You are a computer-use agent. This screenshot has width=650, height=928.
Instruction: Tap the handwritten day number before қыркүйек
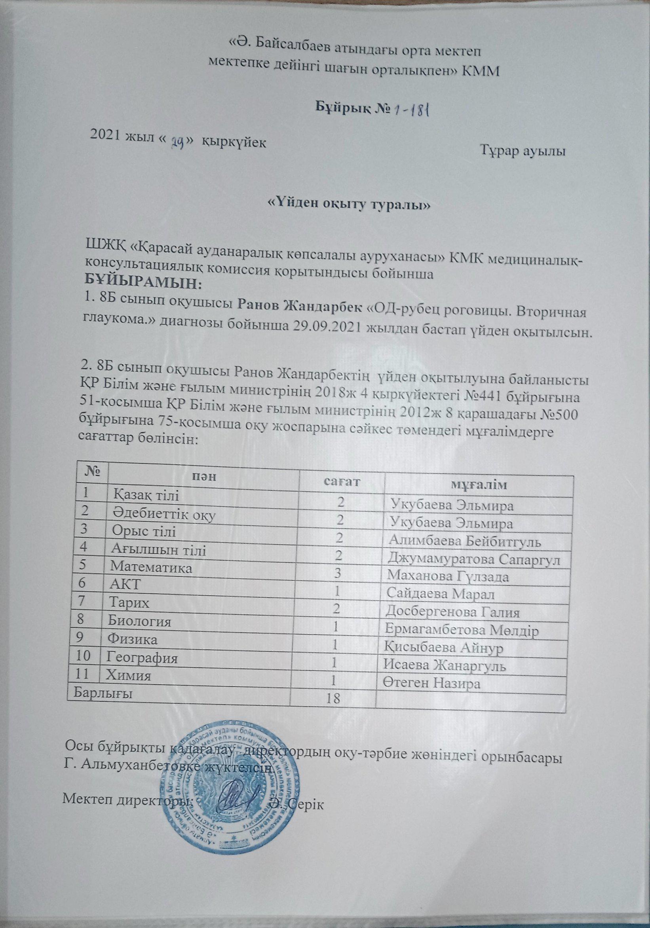pos(179,141)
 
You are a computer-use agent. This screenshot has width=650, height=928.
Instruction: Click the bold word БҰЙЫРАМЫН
pos(143,284)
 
